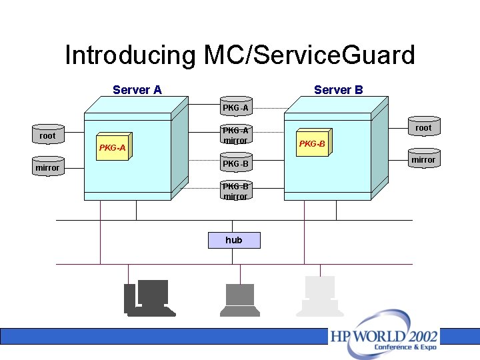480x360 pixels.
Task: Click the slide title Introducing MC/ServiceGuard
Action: [240, 55]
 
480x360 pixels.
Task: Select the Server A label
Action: [137, 90]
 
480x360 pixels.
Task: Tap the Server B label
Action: [338, 90]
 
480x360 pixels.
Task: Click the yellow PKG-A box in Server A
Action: [112, 147]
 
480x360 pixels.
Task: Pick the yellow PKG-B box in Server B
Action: [312, 143]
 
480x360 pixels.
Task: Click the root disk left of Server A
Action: [48, 135]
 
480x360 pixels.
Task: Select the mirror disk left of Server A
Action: [48, 167]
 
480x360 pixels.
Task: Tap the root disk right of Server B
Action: [423, 127]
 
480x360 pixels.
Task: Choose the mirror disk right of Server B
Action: [423, 159]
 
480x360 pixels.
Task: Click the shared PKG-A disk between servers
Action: [236, 107]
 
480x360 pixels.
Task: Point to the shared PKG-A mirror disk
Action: [236, 135]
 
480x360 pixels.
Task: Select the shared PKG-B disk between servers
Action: [236, 163]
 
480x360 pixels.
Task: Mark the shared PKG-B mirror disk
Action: [236, 191]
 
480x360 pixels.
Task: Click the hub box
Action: [234, 240]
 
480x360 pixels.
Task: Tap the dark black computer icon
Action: [149, 298]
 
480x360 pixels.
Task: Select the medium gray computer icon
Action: [240, 299]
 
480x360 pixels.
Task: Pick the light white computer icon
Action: [319, 297]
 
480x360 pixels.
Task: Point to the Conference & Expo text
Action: [405, 347]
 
